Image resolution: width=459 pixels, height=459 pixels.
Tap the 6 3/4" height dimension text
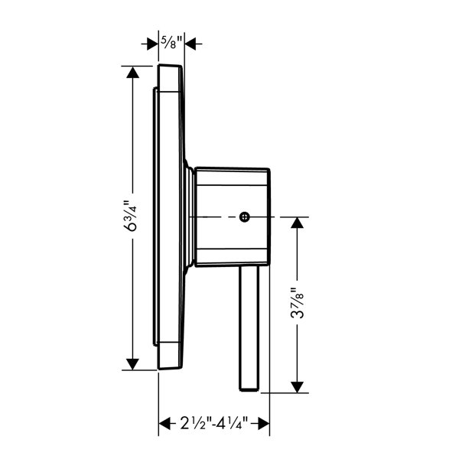coord(131,216)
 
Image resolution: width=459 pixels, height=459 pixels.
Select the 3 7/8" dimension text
coord(298,303)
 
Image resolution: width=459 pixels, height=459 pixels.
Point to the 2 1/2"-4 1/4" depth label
coord(213,423)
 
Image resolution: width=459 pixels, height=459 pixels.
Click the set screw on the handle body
coord(245,217)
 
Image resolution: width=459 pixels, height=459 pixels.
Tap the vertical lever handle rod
coord(249,328)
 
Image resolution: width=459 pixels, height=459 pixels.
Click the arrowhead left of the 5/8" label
coord(152,44)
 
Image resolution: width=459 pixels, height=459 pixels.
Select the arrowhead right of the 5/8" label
coord(190,44)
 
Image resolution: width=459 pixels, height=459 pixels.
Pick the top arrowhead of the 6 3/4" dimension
coord(132,72)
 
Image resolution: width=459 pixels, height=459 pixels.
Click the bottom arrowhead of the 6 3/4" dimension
coord(132,364)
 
